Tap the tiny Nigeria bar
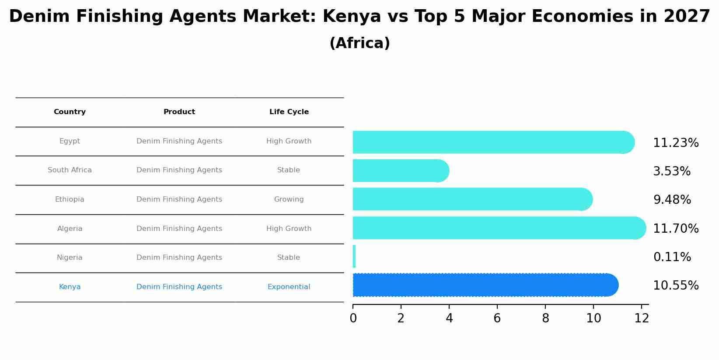click(354, 256)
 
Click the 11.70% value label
click(676, 229)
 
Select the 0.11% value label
click(672, 257)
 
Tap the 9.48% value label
click(672, 200)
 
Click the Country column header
click(70, 112)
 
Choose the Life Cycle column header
click(289, 112)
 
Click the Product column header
click(179, 112)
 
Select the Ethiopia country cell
click(70, 199)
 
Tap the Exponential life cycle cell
click(289, 287)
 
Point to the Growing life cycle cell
click(289, 199)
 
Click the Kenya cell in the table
click(70, 287)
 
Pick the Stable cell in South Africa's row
click(289, 170)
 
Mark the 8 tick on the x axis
click(545, 318)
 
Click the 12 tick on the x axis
click(642, 318)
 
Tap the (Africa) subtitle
click(359, 43)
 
